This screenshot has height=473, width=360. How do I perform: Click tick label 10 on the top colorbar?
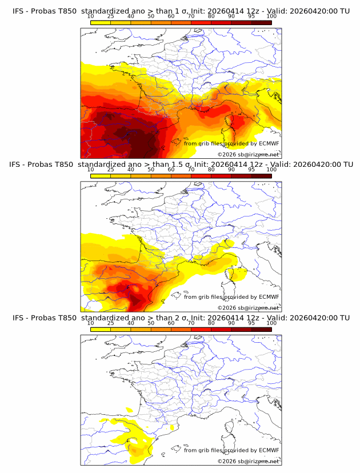90,16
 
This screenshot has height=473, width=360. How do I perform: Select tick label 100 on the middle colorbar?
271,170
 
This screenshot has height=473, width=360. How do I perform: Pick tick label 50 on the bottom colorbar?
151,323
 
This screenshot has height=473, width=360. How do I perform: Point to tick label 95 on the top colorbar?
251,16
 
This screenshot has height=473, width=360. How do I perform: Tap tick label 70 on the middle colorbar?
191,170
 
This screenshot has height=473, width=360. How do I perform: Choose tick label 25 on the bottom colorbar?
110,323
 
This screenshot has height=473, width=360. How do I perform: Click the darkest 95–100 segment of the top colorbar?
261,22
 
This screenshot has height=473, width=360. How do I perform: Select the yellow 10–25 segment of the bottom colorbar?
101,329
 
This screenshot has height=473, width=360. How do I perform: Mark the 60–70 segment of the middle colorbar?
181,176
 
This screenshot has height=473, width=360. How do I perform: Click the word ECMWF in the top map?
269,143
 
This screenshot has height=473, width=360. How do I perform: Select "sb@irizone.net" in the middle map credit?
259,307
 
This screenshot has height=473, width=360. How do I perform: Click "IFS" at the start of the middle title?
18,165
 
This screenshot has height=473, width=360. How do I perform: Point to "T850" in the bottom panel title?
67,318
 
